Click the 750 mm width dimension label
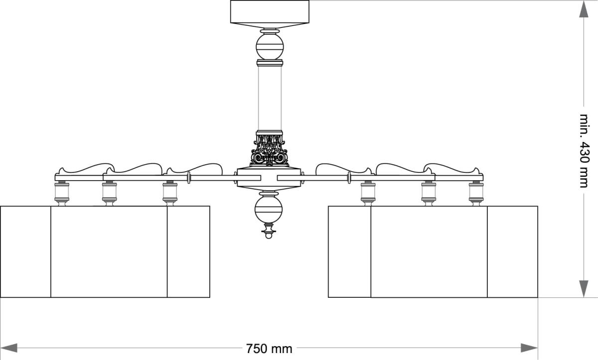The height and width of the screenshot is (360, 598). click(269, 348)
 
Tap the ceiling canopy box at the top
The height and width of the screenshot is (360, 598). click(270, 11)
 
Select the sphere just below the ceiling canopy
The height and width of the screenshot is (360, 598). click(270, 46)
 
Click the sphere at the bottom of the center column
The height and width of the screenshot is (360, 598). click(269, 208)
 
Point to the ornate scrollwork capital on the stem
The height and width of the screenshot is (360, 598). click(270, 149)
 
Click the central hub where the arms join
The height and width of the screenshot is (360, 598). click(269, 178)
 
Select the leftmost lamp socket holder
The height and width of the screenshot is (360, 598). click(62, 193)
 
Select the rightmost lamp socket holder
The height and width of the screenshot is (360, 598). click(476, 193)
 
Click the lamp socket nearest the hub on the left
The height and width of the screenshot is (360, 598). click(170, 193)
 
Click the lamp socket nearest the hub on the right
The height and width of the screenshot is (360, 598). click(368, 193)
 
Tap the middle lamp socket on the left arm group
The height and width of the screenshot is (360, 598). click(109, 193)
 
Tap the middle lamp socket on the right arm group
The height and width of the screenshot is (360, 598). click(429, 193)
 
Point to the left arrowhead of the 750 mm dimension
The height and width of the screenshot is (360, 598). click(10, 348)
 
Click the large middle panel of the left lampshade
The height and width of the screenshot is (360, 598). click(109, 251)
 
